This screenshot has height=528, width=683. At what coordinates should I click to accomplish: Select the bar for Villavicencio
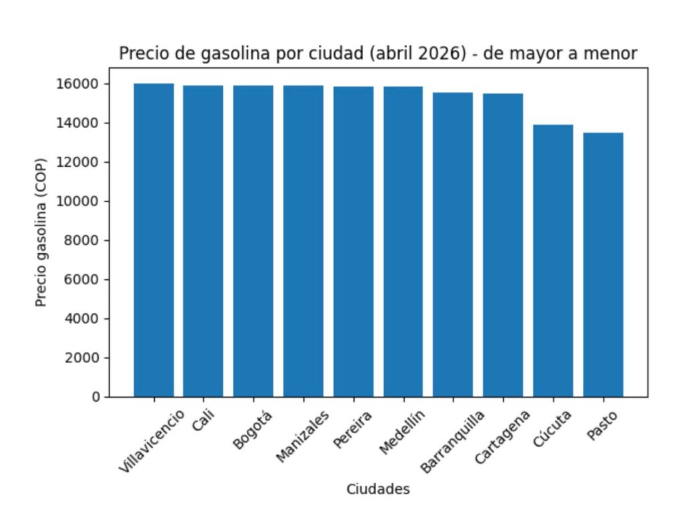154,240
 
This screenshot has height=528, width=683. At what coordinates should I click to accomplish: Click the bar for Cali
203,241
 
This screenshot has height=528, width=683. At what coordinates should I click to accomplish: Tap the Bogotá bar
253,241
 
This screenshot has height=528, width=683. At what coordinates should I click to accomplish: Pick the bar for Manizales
303,241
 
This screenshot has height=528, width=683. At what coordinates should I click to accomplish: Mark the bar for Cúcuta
553,260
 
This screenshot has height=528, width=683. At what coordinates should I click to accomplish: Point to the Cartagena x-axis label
502,438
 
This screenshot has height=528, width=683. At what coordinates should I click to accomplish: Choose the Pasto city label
602,426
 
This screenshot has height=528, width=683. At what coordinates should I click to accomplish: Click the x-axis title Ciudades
378,489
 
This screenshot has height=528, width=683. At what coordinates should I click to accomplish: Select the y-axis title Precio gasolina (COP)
41,240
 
